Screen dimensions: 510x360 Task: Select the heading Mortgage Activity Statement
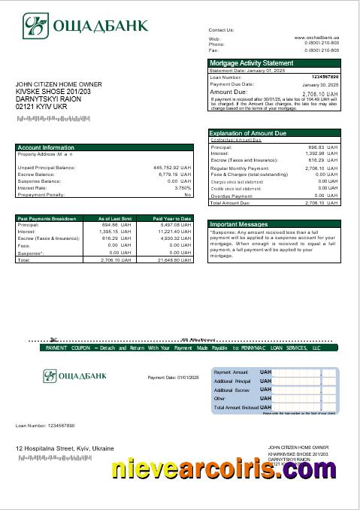pyautogui.click(x=251, y=63)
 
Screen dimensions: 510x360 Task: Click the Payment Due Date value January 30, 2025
pyautogui.click(x=321, y=85)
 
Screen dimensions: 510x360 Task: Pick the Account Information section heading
pyautogui.click(x=46, y=147)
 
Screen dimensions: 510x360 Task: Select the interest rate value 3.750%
pyautogui.click(x=183, y=187)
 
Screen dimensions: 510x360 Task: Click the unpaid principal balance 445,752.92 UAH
pyautogui.click(x=173, y=167)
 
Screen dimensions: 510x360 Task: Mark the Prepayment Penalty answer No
pyautogui.click(x=188, y=194)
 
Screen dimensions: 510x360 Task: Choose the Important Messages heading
pyautogui.click(x=238, y=224)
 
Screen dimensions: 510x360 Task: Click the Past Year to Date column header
pyautogui.click(x=172, y=218)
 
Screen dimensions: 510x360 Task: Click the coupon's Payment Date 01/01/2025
pyautogui.click(x=172, y=377)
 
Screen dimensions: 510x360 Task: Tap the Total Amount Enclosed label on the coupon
pyautogui.click(x=235, y=407)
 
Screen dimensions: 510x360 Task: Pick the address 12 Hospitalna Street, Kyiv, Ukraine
pyautogui.click(x=65, y=448)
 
